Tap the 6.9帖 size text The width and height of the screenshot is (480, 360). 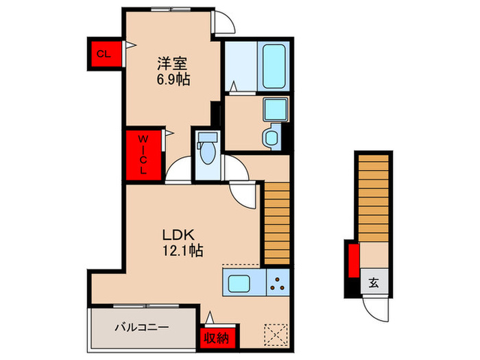pos(173,79)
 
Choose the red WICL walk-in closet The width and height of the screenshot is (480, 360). pos(144,156)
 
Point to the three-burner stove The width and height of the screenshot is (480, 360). pos(278,282)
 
